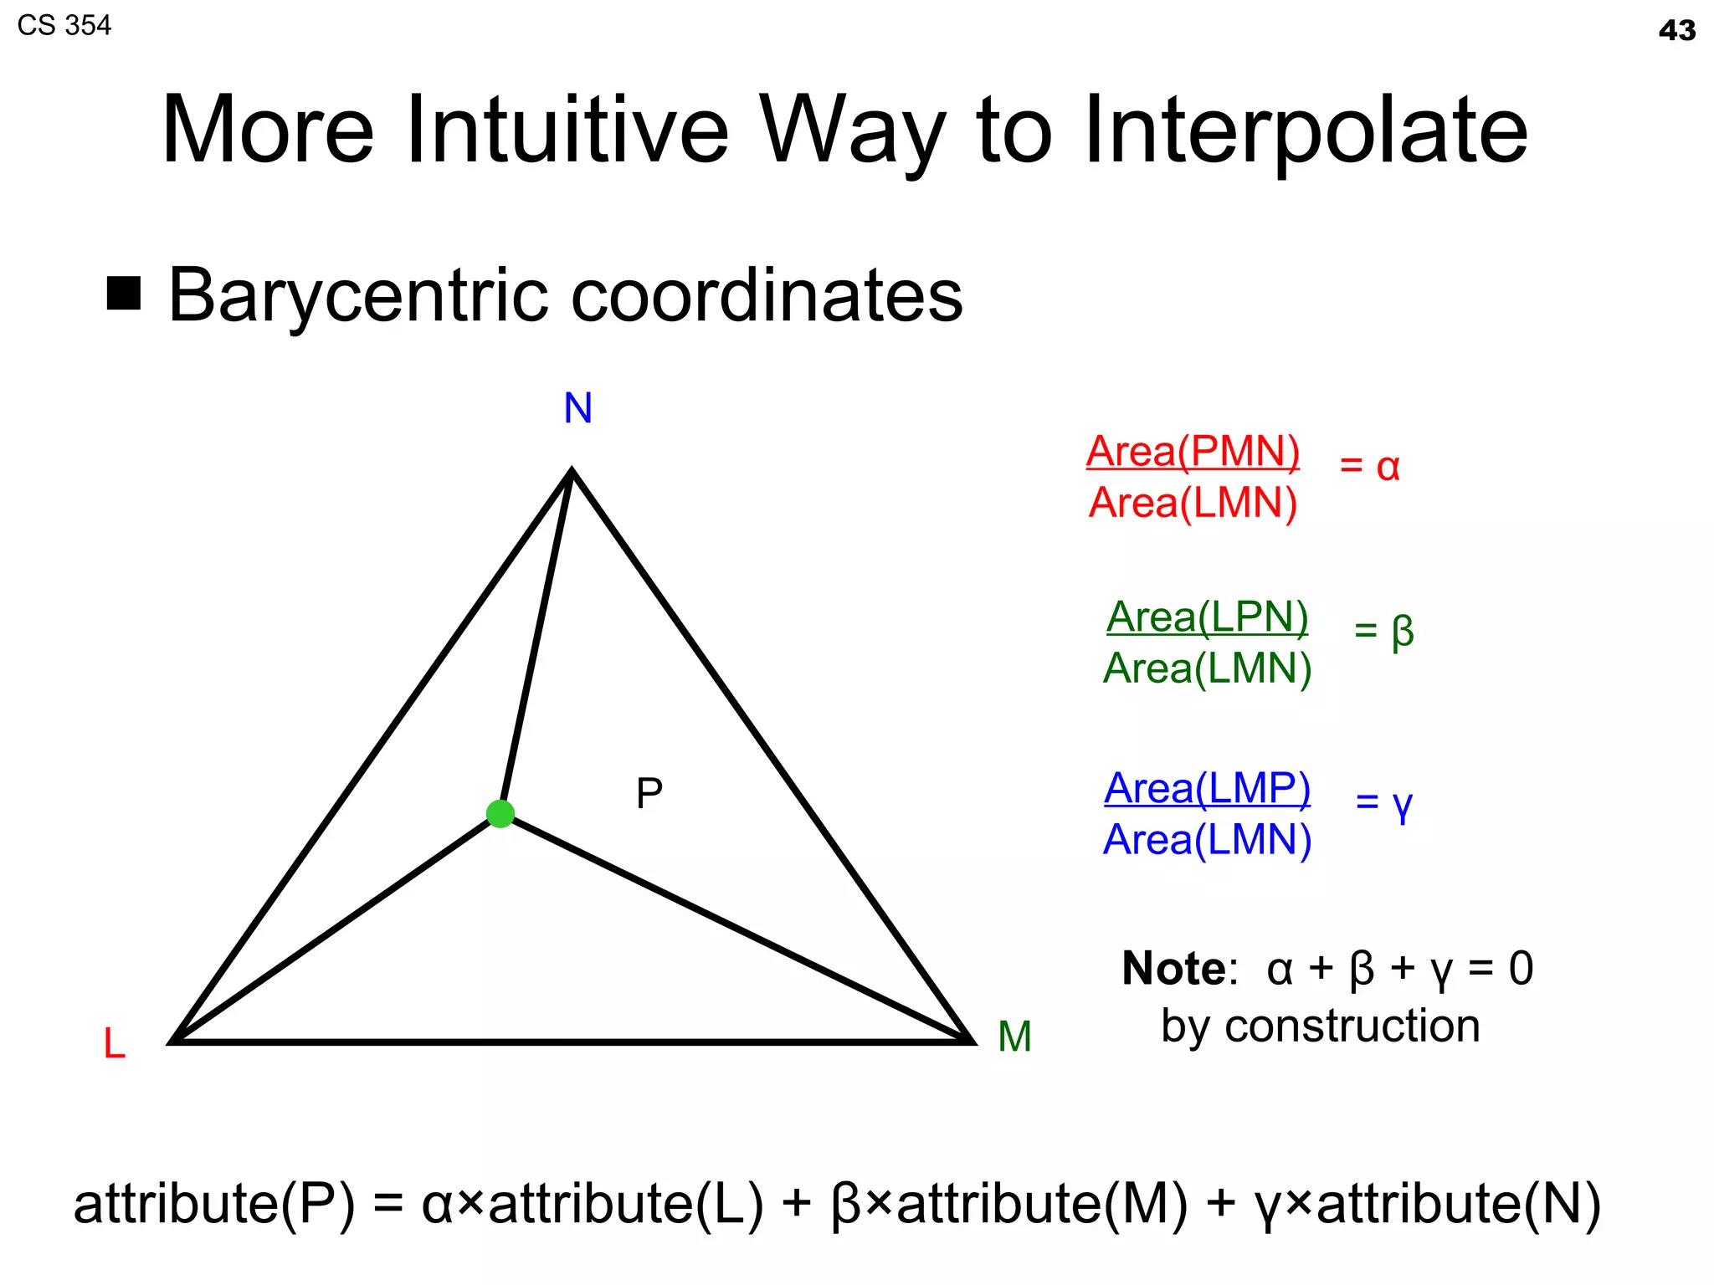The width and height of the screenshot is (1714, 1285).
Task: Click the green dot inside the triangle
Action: pyautogui.click(x=500, y=813)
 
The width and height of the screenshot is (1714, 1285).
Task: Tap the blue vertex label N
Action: pyautogui.click(x=577, y=408)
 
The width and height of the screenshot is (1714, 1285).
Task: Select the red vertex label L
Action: pyautogui.click(x=114, y=1044)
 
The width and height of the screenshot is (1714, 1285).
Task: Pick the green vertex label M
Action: pyautogui.click(x=1014, y=1037)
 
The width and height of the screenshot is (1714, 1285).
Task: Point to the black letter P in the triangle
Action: pyautogui.click(x=649, y=793)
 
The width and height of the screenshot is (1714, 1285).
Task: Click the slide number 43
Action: pyautogui.click(x=1677, y=31)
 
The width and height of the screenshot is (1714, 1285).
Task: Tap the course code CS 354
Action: pyautogui.click(x=64, y=26)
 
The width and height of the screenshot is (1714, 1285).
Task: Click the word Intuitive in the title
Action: pyautogui.click(x=567, y=131)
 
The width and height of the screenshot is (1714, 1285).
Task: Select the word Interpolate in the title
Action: pyautogui.click(x=1306, y=131)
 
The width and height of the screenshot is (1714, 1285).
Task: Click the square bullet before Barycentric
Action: pyautogui.click(x=124, y=293)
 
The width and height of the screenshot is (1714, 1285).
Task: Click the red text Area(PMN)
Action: pyautogui.click(x=1193, y=452)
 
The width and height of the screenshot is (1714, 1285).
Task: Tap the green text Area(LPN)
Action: pyautogui.click(x=1207, y=617)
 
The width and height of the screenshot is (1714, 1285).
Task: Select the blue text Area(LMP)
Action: pyautogui.click(x=1207, y=788)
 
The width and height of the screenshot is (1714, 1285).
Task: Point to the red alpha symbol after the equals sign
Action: pyautogui.click(x=1388, y=467)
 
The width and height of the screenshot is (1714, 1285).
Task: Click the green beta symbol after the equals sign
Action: pyautogui.click(x=1403, y=632)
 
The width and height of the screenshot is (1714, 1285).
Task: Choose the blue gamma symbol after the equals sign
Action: pyautogui.click(x=1402, y=804)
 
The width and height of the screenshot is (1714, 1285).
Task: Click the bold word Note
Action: pyautogui.click(x=1173, y=969)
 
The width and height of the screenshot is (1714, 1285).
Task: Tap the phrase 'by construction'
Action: pyautogui.click(x=1320, y=1026)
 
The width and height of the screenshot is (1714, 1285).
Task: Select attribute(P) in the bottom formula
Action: pyautogui.click(x=214, y=1204)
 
